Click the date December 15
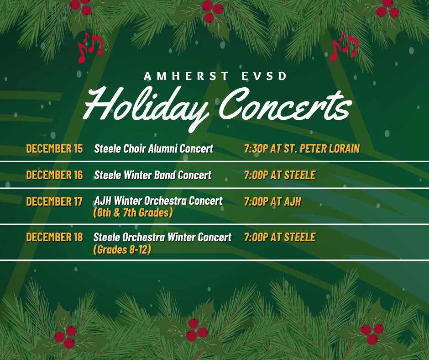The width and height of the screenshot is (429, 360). (54, 148)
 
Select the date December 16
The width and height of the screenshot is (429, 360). (54, 175)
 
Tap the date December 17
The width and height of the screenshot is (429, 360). (54, 201)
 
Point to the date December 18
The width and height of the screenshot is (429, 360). (54, 237)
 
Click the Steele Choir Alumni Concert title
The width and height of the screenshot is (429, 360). (154, 148)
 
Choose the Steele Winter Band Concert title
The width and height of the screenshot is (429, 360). (153, 175)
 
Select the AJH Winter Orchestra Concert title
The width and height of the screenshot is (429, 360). (158, 201)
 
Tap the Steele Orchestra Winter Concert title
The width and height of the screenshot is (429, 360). (162, 237)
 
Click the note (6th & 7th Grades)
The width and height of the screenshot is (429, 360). (133, 212)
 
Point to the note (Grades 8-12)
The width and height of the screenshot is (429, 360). (122, 249)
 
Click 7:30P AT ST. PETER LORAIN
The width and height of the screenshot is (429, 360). (302, 148)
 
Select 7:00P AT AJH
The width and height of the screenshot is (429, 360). (272, 201)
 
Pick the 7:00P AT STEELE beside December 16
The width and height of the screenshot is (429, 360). (280, 175)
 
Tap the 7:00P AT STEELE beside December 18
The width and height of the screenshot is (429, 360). (280, 237)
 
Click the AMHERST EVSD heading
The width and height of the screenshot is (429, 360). (215, 76)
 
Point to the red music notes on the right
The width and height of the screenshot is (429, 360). (344, 46)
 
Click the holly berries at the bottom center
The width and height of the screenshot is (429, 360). (196, 329)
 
